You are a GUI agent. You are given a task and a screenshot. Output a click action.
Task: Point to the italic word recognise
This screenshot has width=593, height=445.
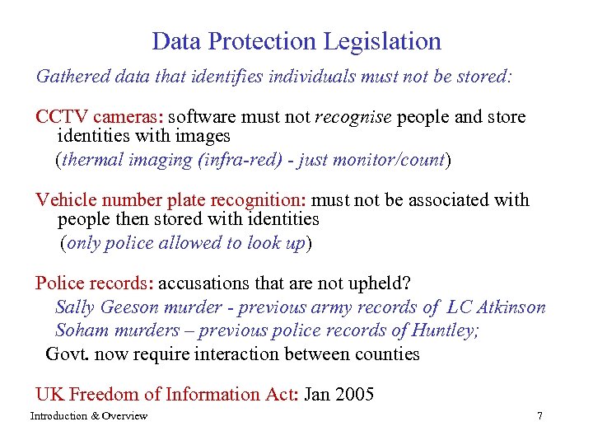point(353,117)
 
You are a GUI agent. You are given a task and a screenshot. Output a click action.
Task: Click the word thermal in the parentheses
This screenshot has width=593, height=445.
point(92,160)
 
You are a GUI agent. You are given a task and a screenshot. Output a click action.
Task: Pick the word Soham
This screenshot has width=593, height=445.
point(78,330)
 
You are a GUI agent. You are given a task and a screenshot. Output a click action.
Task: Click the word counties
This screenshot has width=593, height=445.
point(389,354)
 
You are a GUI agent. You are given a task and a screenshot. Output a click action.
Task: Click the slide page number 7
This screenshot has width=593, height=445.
point(539,416)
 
